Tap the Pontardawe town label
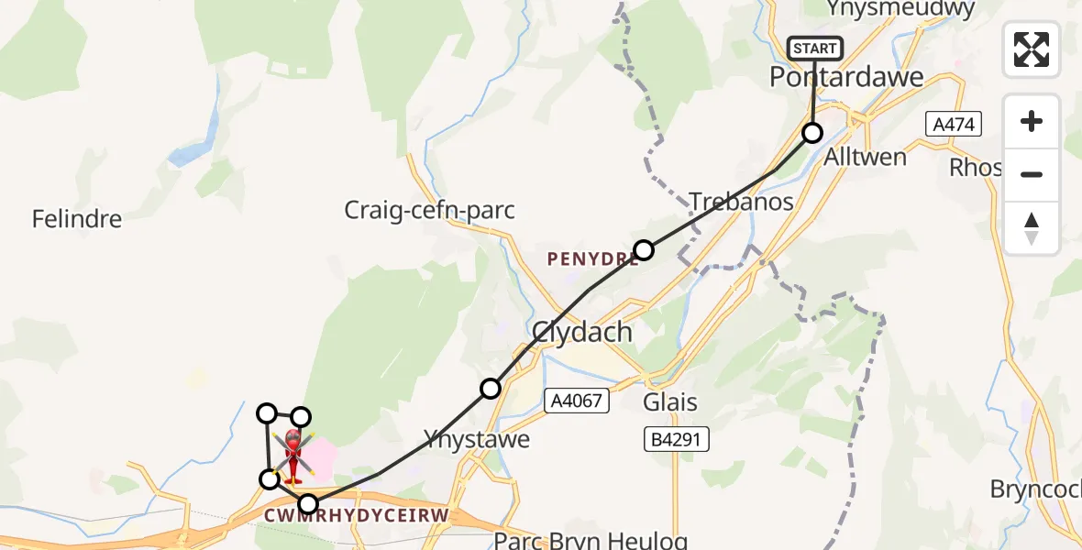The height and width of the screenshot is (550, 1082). [x=846, y=78]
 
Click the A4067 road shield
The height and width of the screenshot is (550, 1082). [x=575, y=400]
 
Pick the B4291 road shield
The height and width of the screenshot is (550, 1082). [x=675, y=440]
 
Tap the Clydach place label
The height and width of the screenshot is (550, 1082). [x=582, y=332]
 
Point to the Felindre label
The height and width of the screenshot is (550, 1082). [x=76, y=220]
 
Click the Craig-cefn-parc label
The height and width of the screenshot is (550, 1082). [x=429, y=211]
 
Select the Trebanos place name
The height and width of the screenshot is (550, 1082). [x=741, y=203]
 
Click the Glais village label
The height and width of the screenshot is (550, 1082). [x=670, y=402]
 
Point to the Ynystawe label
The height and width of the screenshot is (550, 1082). [x=476, y=440]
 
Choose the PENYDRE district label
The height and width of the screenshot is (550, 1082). [x=591, y=260]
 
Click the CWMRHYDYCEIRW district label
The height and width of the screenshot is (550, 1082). [x=356, y=516]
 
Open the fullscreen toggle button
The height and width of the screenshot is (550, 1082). [x=1032, y=49]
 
